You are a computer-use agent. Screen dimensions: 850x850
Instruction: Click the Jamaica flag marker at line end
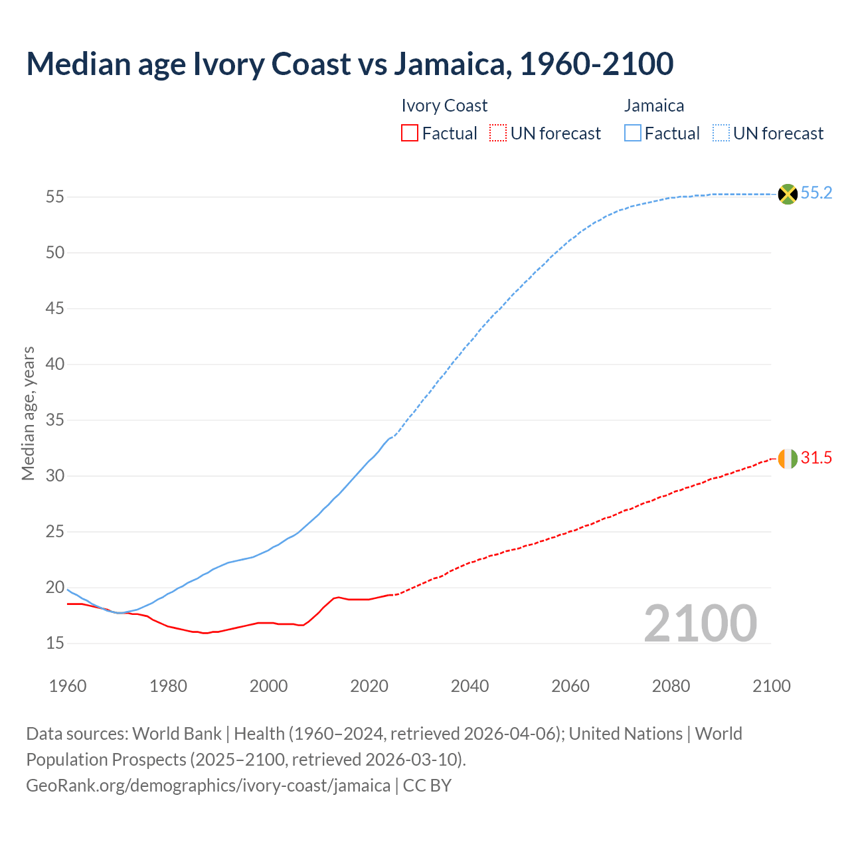pyautogui.click(x=788, y=194)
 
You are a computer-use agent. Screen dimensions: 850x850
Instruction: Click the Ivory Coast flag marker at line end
pyautogui.click(x=788, y=458)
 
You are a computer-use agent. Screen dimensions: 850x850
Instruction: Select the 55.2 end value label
pyautogui.click(x=816, y=193)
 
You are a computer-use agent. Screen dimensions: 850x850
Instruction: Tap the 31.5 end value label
pyautogui.click(x=816, y=458)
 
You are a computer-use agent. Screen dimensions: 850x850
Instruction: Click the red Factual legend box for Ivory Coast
pyautogui.click(x=410, y=133)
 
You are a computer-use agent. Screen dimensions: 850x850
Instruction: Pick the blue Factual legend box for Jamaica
pyautogui.click(x=633, y=133)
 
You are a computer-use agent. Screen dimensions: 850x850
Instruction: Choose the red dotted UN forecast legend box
pyautogui.click(x=498, y=133)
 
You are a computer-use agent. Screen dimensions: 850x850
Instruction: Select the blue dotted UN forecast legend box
pyautogui.click(x=721, y=133)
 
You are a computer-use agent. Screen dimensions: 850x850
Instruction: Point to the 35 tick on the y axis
pyautogui.click(x=54, y=420)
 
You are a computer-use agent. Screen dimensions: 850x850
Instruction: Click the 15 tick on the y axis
pyautogui.click(x=54, y=643)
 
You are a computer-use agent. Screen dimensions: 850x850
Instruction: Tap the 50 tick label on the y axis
pyautogui.click(x=54, y=253)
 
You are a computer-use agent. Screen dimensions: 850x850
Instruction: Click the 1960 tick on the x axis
pyautogui.click(x=68, y=686)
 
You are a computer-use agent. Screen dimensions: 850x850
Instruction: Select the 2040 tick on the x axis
pyautogui.click(x=469, y=686)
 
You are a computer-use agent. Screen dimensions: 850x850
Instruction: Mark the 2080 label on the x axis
pyautogui.click(x=671, y=686)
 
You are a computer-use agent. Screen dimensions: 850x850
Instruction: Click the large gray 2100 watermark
pyautogui.click(x=700, y=624)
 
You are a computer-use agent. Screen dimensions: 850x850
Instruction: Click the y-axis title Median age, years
pyautogui.click(x=28, y=413)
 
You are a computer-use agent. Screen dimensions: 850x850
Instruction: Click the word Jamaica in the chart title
pyautogui.click(x=452, y=64)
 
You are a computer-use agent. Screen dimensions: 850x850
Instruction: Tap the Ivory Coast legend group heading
pyautogui.click(x=444, y=106)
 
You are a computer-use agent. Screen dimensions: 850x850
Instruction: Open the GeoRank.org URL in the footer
pyautogui.click(x=208, y=786)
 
